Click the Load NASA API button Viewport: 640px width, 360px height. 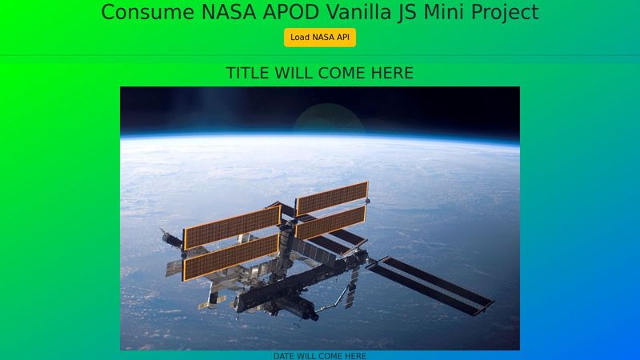click(320, 38)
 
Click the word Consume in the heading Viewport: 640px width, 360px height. click(141, 13)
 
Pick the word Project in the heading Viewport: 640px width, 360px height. click(500, 13)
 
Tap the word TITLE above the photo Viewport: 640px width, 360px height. click(248, 74)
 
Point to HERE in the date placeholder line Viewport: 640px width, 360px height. click(352, 356)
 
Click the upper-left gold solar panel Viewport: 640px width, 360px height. click(231, 227)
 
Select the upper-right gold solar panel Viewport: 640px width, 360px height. click(331, 198)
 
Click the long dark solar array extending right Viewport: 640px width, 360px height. click(432, 285)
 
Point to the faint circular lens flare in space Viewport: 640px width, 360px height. click(324, 124)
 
